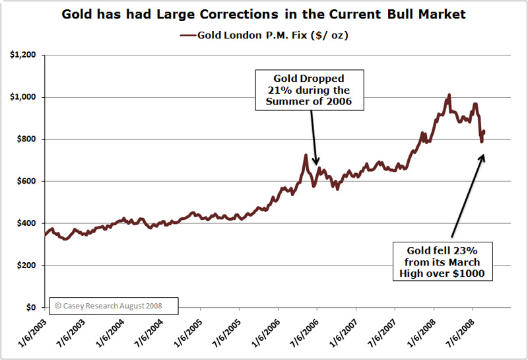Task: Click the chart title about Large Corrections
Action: click(x=263, y=14)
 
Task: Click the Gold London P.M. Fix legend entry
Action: click(x=264, y=34)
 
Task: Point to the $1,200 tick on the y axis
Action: click(x=24, y=55)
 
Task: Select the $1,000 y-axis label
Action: click(x=24, y=97)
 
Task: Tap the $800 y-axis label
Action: click(x=27, y=139)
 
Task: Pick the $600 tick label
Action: click(x=27, y=182)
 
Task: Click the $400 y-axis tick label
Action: click(x=27, y=223)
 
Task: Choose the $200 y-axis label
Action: click(x=27, y=266)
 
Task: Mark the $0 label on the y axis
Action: click(x=31, y=308)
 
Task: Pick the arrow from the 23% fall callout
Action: click(x=469, y=195)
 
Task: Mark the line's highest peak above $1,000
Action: click(x=449, y=95)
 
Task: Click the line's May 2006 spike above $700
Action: click(x=306, y=156)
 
